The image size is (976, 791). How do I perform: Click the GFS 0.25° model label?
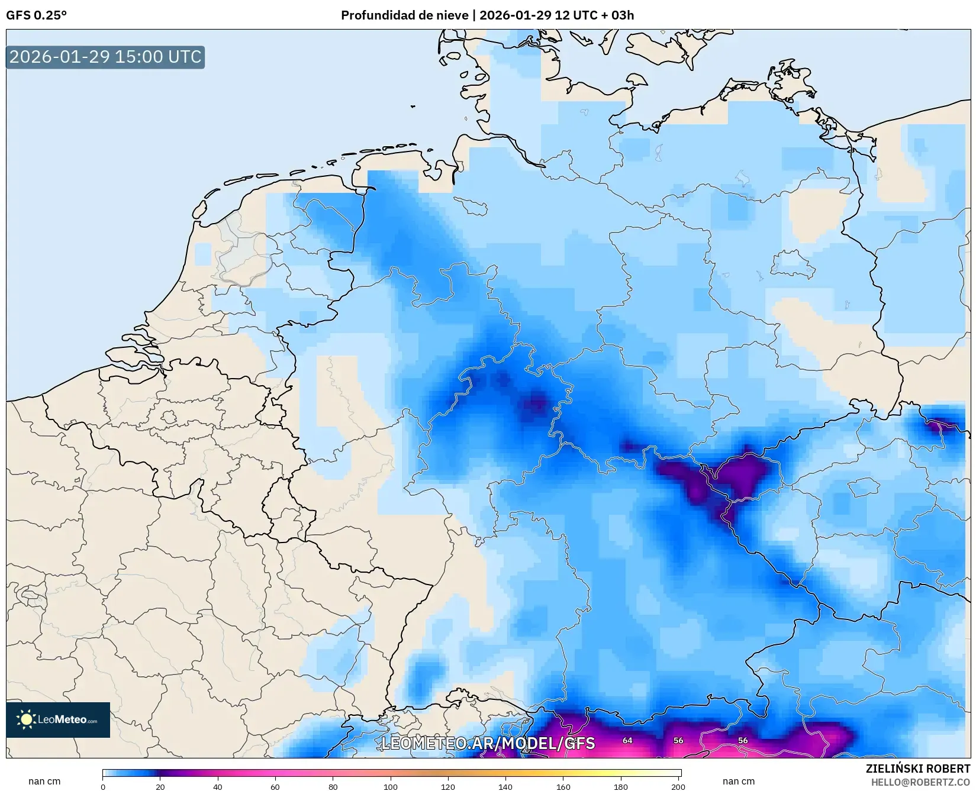(36, 15)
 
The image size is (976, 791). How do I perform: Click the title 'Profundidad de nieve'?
(404, 15)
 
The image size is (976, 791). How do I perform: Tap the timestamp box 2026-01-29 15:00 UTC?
(105, 57)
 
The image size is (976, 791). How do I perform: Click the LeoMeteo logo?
(58, 719)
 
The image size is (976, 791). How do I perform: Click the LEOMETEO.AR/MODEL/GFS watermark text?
(488, 743)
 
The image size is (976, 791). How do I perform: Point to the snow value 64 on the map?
(627, 740)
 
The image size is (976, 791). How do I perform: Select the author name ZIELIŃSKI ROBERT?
(917, 769)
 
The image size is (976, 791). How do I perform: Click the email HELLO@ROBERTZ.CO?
(920, 782)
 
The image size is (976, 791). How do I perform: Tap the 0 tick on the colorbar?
(103, 786)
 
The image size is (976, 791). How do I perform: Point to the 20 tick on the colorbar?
(160, 786)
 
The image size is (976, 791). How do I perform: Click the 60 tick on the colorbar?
(275, 786)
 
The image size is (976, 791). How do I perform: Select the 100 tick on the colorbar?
(391, 786)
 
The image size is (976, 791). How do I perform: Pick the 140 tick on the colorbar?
(505, 786)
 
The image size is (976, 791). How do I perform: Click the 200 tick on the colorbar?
(678, 786)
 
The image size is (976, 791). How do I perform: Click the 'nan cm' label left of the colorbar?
(44, 781)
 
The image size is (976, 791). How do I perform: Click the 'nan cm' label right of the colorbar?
(738, 781)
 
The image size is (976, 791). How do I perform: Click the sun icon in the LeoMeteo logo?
(26, 719)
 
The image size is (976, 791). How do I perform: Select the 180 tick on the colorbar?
(621, 786)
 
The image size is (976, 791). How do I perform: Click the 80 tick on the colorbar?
(333, 786)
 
